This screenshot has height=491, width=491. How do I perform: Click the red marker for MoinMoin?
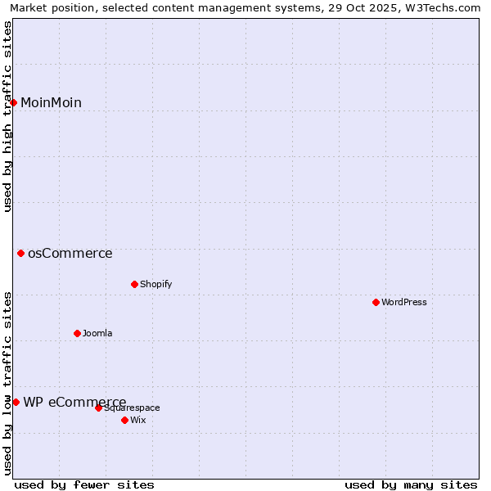pyautogui.click(x=14, y=102)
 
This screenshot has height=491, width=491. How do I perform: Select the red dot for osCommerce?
pyautogui.click(x=21, y=254)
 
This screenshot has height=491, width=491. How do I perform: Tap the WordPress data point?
pyautogui.click(x=376, y=302)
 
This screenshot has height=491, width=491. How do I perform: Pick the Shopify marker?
pyautogui.click(x=135, y=284)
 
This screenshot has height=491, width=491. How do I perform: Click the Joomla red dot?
pyautogui.click(x=78, y=333)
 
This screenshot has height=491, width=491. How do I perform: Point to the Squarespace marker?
pyautogui.click(x=98, y=408)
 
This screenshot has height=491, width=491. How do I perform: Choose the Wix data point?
pyautogui.click(x=124, y=420)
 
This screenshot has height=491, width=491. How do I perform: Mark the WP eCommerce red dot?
pyautogui.click(x=16, y=402)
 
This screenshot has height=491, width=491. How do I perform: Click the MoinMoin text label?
pyautogui.click(x=51, y=102)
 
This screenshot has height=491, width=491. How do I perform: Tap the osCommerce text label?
pyautogui.click(x=70, y=254)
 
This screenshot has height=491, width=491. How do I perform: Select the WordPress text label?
pyautogui.click(x=404, y=302)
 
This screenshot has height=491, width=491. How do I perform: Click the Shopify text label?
pyautogui.click(x=156, y=284)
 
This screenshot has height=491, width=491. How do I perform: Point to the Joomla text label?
pyautogui.click(x=97, y=333)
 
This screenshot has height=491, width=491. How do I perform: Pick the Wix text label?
pyautogui.click(x=138, y=420)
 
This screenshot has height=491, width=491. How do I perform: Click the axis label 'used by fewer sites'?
pyautogui.click(x=84, y=484)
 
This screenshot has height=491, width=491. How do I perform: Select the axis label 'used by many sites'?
pyautogui.click(x=410, y=484)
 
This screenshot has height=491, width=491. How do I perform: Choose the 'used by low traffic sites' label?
pyautogui.click(x=7, y=383)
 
